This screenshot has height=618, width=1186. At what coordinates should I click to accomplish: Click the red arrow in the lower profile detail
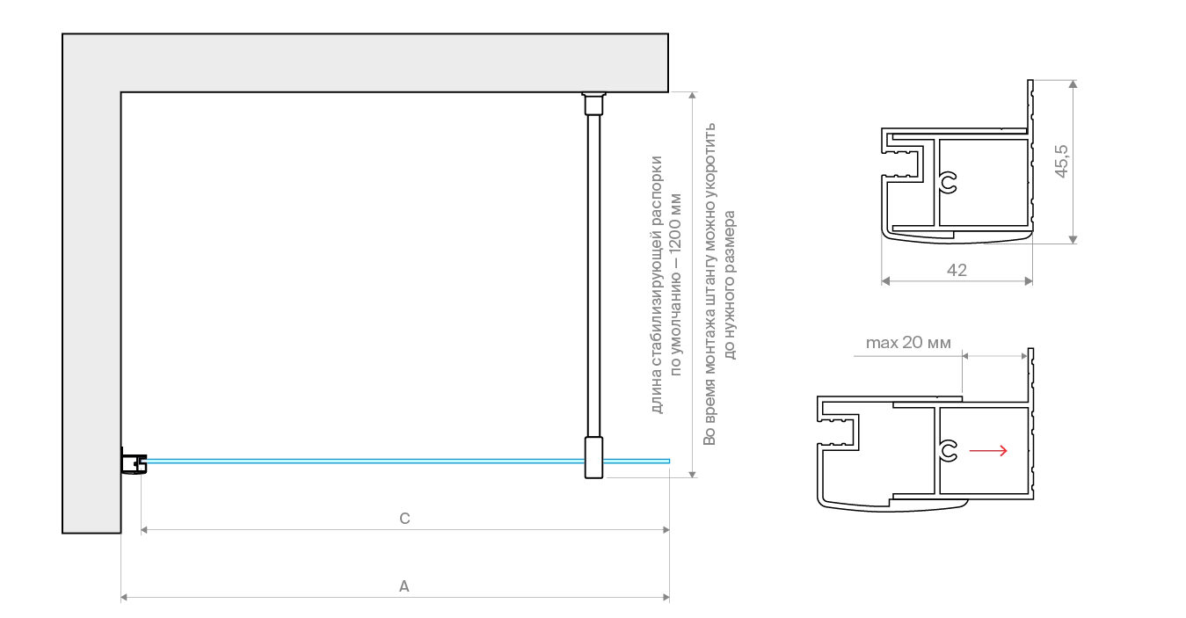[x=988, y=451]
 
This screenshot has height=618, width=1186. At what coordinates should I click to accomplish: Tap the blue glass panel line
[x=369, y=460]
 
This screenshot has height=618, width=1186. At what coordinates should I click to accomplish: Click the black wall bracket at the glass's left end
[x=135, y=463]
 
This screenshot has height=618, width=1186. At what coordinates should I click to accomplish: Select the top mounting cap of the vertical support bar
[x=594, y=104]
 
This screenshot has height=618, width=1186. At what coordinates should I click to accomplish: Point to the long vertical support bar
[x=594, y=273]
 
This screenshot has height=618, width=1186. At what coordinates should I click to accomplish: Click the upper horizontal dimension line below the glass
[x=404, y=530]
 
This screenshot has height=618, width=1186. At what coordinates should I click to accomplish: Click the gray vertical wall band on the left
[x=91, y=308]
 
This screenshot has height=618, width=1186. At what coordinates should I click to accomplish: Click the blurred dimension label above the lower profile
[x=910, y=345]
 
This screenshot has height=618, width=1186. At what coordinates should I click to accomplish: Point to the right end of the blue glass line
[x=670, y=460]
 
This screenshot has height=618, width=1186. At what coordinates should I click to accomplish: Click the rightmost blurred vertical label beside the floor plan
[x=731, y=286]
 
